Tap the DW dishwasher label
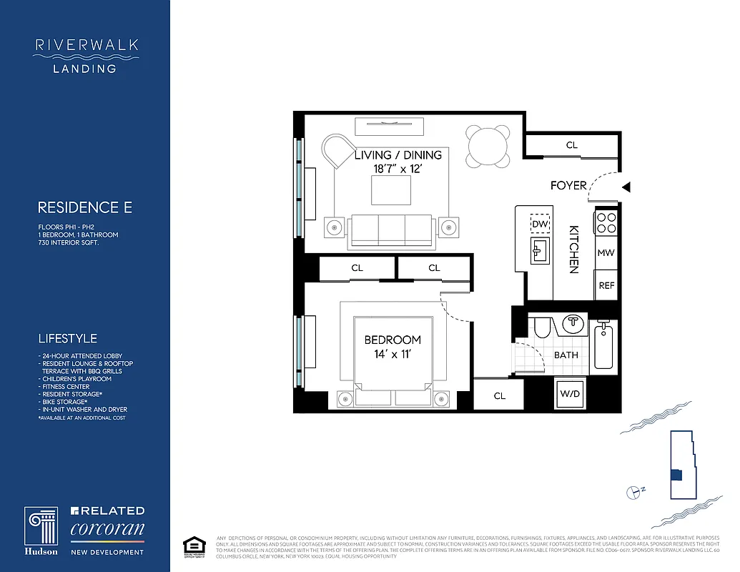coord(540,224)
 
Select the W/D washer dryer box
coord(570,393)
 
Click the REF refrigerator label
coord(606,285)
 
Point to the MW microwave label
coord(606,253)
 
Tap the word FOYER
coord(568,185)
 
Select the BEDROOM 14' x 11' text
coord(393,346)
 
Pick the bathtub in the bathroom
coord(603,346)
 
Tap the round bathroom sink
coord(573,324)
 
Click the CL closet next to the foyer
coord(571,145)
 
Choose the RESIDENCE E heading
coord(85,207)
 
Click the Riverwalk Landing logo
coord(86,55)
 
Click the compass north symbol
coord(633,492)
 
